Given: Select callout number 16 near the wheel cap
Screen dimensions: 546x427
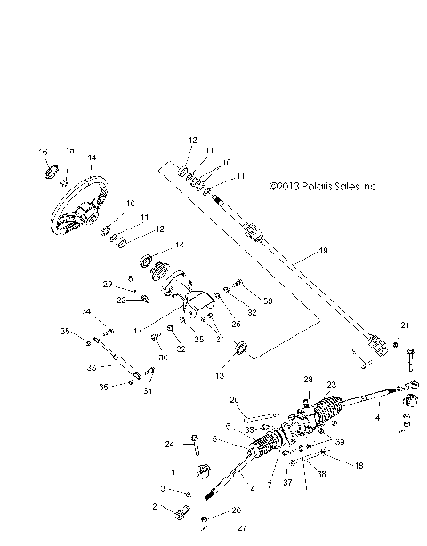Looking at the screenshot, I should pyautogui.click(x=41, y=153).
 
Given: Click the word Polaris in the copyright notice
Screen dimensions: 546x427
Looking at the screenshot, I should pyautogui.click(x=315, y=188).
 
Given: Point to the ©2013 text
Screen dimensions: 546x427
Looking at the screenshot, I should pyautogui.click(x=284, y=188).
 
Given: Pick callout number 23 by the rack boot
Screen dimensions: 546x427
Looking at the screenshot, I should pyautogui.click(x=332, y=384).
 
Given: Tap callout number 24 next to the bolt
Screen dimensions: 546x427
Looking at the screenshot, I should pyautogui.click(x=169, y=443).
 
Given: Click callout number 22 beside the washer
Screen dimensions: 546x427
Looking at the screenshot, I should pyautogui.click(x=122, y=300).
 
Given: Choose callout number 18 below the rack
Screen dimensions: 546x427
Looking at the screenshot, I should pyautogui.click(x=359, y=464).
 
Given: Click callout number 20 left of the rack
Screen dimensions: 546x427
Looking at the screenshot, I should pyautogui.click(x=235, y=399).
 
